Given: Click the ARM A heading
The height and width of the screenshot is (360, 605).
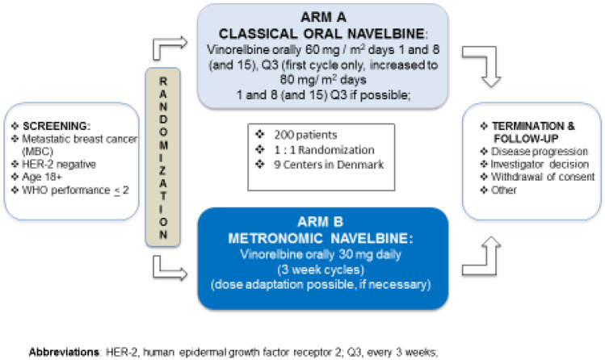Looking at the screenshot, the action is (313, 18).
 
